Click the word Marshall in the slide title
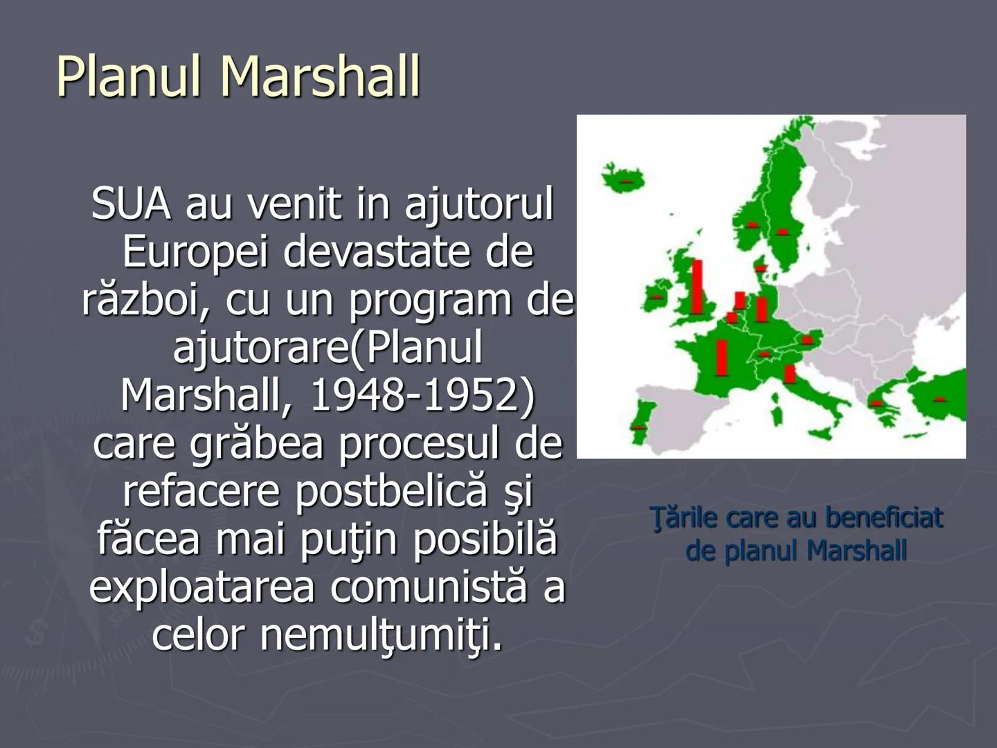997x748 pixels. [321, 76]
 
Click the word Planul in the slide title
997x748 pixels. [129, 76]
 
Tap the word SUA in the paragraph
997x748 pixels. [132, 204]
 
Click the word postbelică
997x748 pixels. [391, 492]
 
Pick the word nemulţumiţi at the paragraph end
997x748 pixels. [381, 635]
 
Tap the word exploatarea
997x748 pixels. [202, 589]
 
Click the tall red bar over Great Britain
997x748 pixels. [697, 287]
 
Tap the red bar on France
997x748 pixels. [721, 358]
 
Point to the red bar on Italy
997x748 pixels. [789, 373]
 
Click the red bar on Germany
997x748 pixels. [762, 310]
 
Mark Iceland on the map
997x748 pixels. [623, 179]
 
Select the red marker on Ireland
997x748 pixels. [656, 297]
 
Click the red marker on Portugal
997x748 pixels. [638, 427]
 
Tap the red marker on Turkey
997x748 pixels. [940, 399]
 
